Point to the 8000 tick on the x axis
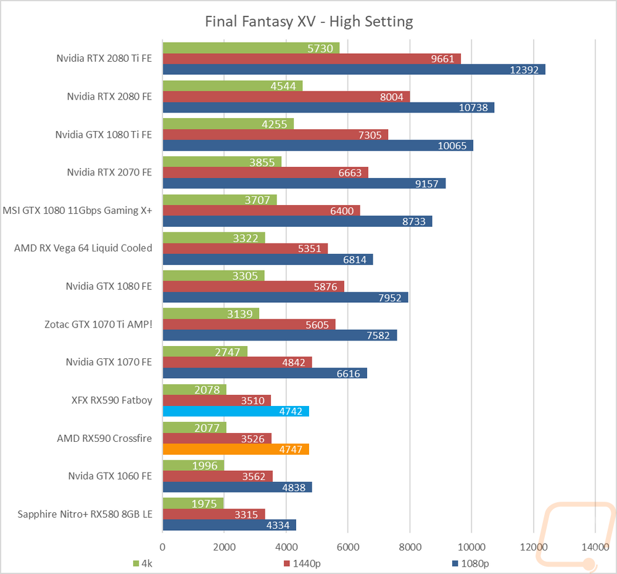coord(410,546)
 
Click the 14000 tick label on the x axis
coord(595,546)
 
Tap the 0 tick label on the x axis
coord(162,546)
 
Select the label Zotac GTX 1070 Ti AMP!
coord(98,324)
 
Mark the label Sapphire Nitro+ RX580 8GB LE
coord(85,514)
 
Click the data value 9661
coord(443,59)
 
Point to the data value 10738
coord(473,108)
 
